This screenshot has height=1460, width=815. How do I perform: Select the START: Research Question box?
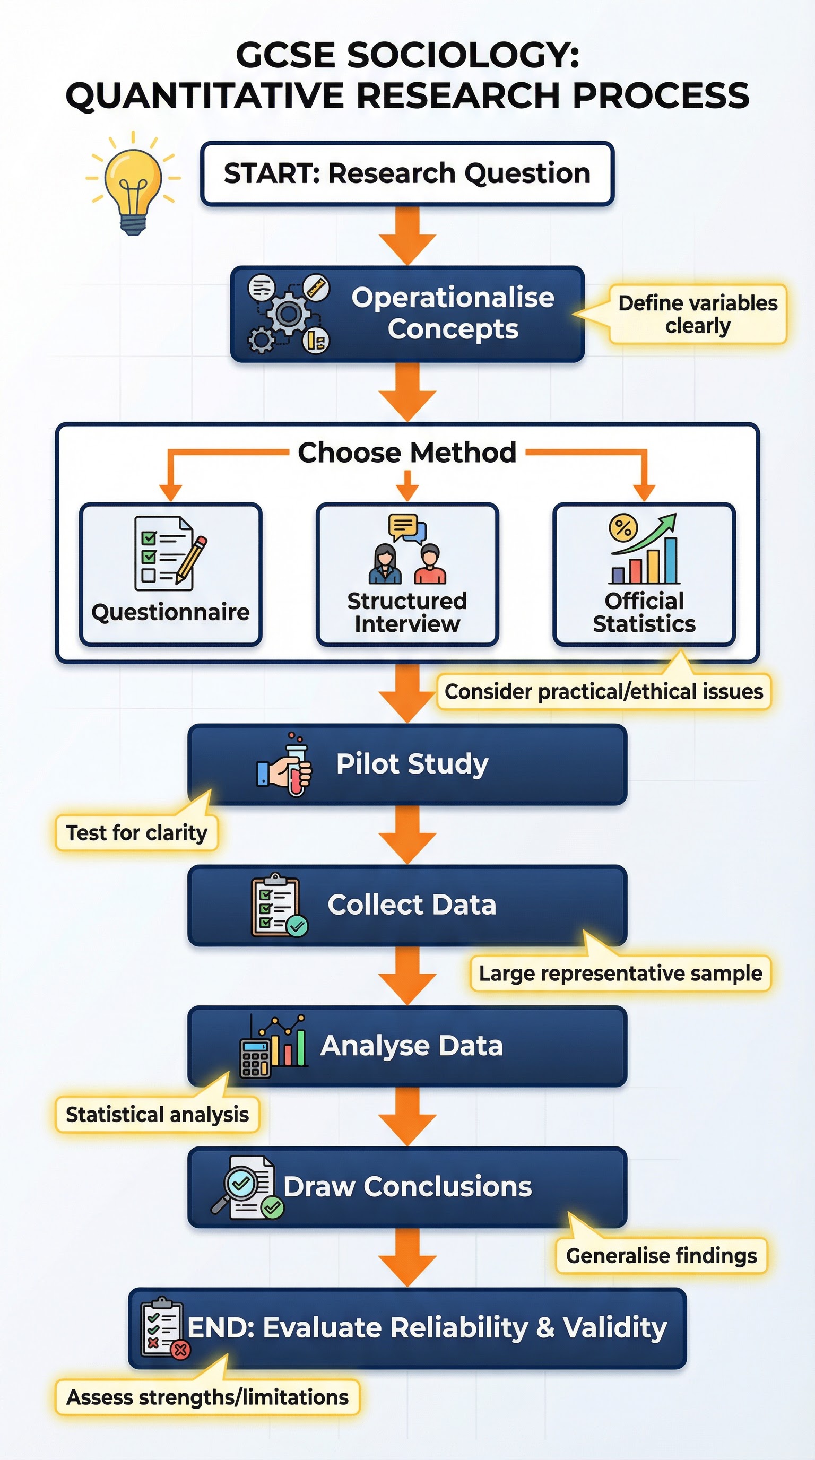(x=407, y=173)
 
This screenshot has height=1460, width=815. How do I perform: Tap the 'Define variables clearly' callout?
(x=698, y=315)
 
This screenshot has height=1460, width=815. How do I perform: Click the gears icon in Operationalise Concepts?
(x=288, y=314)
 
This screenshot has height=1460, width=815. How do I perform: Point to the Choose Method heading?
(x=407, y=453)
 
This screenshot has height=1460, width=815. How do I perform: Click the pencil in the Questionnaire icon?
(x=192, y=559)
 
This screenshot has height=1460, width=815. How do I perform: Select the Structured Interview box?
(x=407, y=573)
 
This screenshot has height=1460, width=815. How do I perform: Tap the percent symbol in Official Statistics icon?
(x=623, y=528)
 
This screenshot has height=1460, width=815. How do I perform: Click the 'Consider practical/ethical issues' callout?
(x=604, y=692)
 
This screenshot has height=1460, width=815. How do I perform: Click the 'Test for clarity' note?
(x=136, y=833)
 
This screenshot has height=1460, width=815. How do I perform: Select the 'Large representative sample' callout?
(x=620, y=973)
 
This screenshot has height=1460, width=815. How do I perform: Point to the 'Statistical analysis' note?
(x=157, y=1115)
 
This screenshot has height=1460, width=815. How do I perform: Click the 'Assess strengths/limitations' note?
(x=207, y=1397)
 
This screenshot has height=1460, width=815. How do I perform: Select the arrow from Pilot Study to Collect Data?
(x=407, y=835)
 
